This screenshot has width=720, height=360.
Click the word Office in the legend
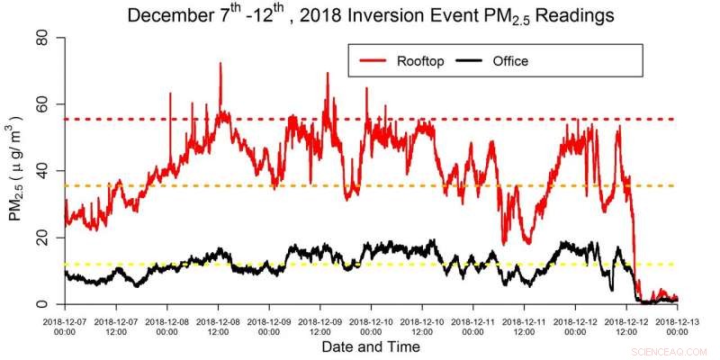click(510, 61)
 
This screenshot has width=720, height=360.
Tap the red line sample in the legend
click(371, 61)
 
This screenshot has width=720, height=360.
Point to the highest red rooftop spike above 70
click(220, 64)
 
